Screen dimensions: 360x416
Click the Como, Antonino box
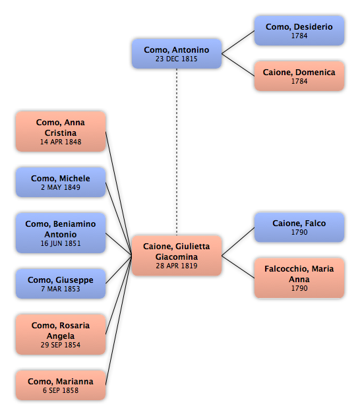coord(177,54)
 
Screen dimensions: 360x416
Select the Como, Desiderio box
coord(299,30)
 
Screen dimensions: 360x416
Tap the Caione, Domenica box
coord(299,76)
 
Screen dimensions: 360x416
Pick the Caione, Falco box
coord(299,227)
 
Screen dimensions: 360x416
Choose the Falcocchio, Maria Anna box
coord(299,278)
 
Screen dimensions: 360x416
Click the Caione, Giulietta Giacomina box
coord(177,256)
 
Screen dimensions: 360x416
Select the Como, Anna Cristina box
coord(61,132)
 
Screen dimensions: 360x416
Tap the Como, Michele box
coord(61,182)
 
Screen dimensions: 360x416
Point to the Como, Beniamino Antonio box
coord(61,233)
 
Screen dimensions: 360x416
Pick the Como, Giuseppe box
coord(61,283)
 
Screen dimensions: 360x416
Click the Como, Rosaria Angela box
coord(61,334)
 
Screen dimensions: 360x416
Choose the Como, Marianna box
coord(61,385)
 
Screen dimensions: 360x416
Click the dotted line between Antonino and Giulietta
coord(177,152)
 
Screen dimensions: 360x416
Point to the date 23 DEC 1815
coord(177,59)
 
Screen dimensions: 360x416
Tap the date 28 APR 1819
coord(177,266)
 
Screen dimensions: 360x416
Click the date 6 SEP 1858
coord(61,390)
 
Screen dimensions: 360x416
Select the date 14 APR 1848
coord(61,142)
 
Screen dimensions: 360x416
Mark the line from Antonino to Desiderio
coord(238,42)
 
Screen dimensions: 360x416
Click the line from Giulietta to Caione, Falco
coord(238,241)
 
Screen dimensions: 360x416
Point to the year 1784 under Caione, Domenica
coord(299,82)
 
